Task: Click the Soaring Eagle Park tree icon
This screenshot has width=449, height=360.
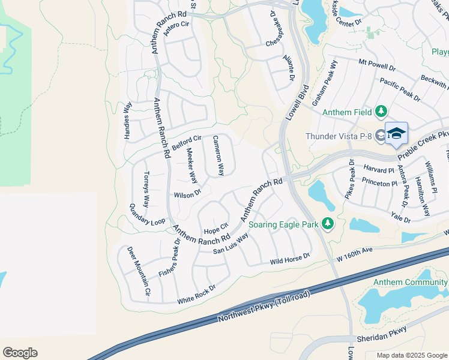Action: coord(327,224)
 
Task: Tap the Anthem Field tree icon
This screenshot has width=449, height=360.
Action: coord(381,112)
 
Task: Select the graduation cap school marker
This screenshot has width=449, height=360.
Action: coord(396,133)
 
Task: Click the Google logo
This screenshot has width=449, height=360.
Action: coord(20,352)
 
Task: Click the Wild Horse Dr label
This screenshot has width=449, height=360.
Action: coord(289,259)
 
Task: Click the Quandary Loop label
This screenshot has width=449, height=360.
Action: coord(147,214)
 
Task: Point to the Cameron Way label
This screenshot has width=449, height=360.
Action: coord(218,155)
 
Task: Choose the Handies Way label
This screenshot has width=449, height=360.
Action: coord(128,121)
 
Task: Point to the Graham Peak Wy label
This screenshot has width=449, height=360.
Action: coord(324,83)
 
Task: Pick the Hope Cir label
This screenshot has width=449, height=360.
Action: coord(216,230)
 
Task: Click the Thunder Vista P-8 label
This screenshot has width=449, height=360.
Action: coord(339,136)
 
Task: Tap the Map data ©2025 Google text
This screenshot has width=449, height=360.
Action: coord(412,355)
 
